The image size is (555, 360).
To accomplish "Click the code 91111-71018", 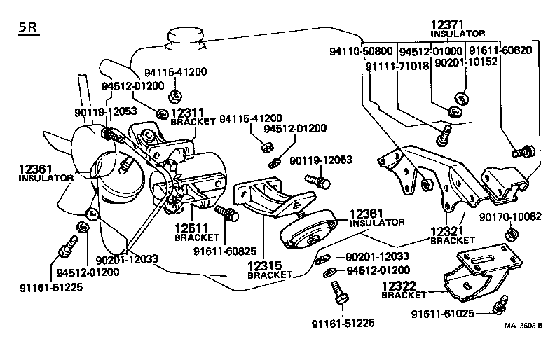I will [x=396, y=65].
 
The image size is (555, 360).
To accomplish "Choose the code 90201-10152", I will [x=465, y=62].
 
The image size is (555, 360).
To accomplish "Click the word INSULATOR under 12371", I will [x=458, y=34].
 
